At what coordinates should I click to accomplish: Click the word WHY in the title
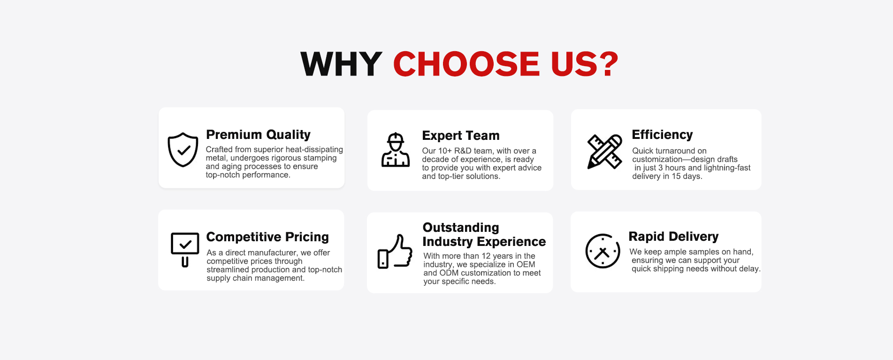(x=341, y=64)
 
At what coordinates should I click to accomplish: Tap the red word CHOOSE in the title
(x=466, y=64)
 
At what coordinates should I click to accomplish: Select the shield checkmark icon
(x=183, y=149)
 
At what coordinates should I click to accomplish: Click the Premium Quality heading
(x=258, y=135)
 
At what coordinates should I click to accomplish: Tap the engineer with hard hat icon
(x=396, y=150)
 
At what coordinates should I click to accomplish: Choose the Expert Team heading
(x=461, y=136)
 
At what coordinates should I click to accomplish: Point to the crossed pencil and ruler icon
(x=605, y=152)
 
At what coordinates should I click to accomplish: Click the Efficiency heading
(x=662, y=135)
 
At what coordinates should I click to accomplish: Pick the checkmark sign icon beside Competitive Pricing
(x=185, y=249)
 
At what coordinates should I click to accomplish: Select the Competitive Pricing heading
(x=267, y=237)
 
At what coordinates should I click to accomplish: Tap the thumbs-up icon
(x=395, y=252)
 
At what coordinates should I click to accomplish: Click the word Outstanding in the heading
(x=461, y=228)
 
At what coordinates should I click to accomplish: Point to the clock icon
(x=603, y=251)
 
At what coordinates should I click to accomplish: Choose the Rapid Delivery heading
(x=673, y=237)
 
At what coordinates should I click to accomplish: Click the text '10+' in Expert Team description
(x=445, y=151)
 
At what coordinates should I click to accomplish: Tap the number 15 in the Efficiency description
(x=676, y=176)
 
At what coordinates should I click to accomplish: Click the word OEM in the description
(x=526, y=264)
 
